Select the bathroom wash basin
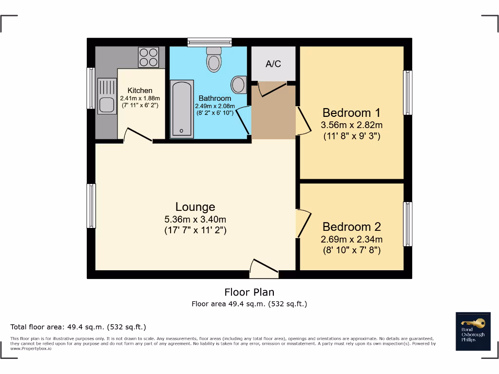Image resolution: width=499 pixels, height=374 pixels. [239, 84]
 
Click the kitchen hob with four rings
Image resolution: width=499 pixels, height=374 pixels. [149, 56]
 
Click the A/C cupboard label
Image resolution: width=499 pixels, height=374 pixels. [273, 64]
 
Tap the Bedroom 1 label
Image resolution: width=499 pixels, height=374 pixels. [351, 113]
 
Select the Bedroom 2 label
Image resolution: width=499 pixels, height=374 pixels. [351, 227]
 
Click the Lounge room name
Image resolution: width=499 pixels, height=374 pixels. [195, 207]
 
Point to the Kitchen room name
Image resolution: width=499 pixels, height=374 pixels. [140, 91]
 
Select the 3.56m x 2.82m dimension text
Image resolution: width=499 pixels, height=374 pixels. [351, 125]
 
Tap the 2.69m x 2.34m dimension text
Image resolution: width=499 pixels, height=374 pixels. [351, 239]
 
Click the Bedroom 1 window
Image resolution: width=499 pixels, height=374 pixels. [407, 93]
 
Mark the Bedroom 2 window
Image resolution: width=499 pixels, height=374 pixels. [407, 224]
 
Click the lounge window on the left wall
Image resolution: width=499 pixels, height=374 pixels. [91, 206]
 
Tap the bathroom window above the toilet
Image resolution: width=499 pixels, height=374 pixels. [210, 42]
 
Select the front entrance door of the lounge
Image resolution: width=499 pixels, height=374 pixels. [264, 270]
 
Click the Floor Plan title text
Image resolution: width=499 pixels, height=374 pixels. [249, 292]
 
